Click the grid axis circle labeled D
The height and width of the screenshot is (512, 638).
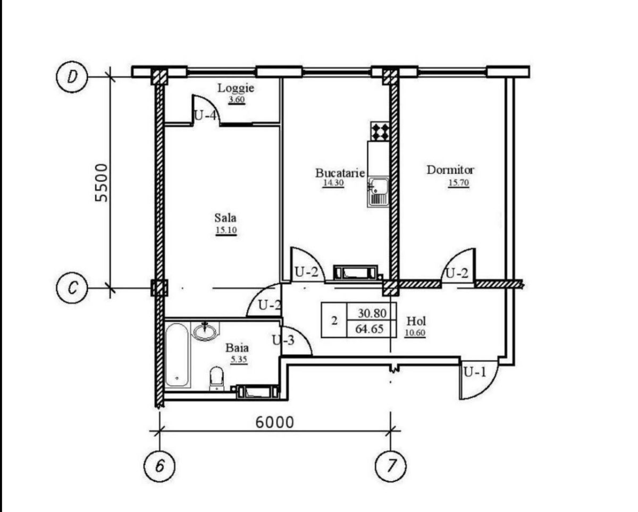72,76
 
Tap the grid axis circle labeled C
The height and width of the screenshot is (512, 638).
72,287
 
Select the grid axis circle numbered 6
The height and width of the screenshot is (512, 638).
159,467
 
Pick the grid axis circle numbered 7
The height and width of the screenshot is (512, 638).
391,467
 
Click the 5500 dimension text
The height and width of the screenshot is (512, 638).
102,183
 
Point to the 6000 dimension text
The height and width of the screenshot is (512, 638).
274,423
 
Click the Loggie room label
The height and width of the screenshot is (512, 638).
236,88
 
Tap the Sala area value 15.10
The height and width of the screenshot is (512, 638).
226,230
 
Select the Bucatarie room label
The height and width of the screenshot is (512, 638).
340,173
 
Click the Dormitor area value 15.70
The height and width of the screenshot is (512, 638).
458,183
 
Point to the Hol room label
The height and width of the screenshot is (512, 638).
416,321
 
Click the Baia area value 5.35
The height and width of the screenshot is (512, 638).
239,359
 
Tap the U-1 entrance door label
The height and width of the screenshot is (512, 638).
475,372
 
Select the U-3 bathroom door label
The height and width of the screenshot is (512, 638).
283,340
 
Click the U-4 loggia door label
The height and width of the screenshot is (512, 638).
205,115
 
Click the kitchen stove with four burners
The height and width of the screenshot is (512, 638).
380,132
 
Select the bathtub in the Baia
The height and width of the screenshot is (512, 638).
177,355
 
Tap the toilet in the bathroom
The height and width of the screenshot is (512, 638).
216,379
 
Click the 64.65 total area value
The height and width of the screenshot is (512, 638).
370,329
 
